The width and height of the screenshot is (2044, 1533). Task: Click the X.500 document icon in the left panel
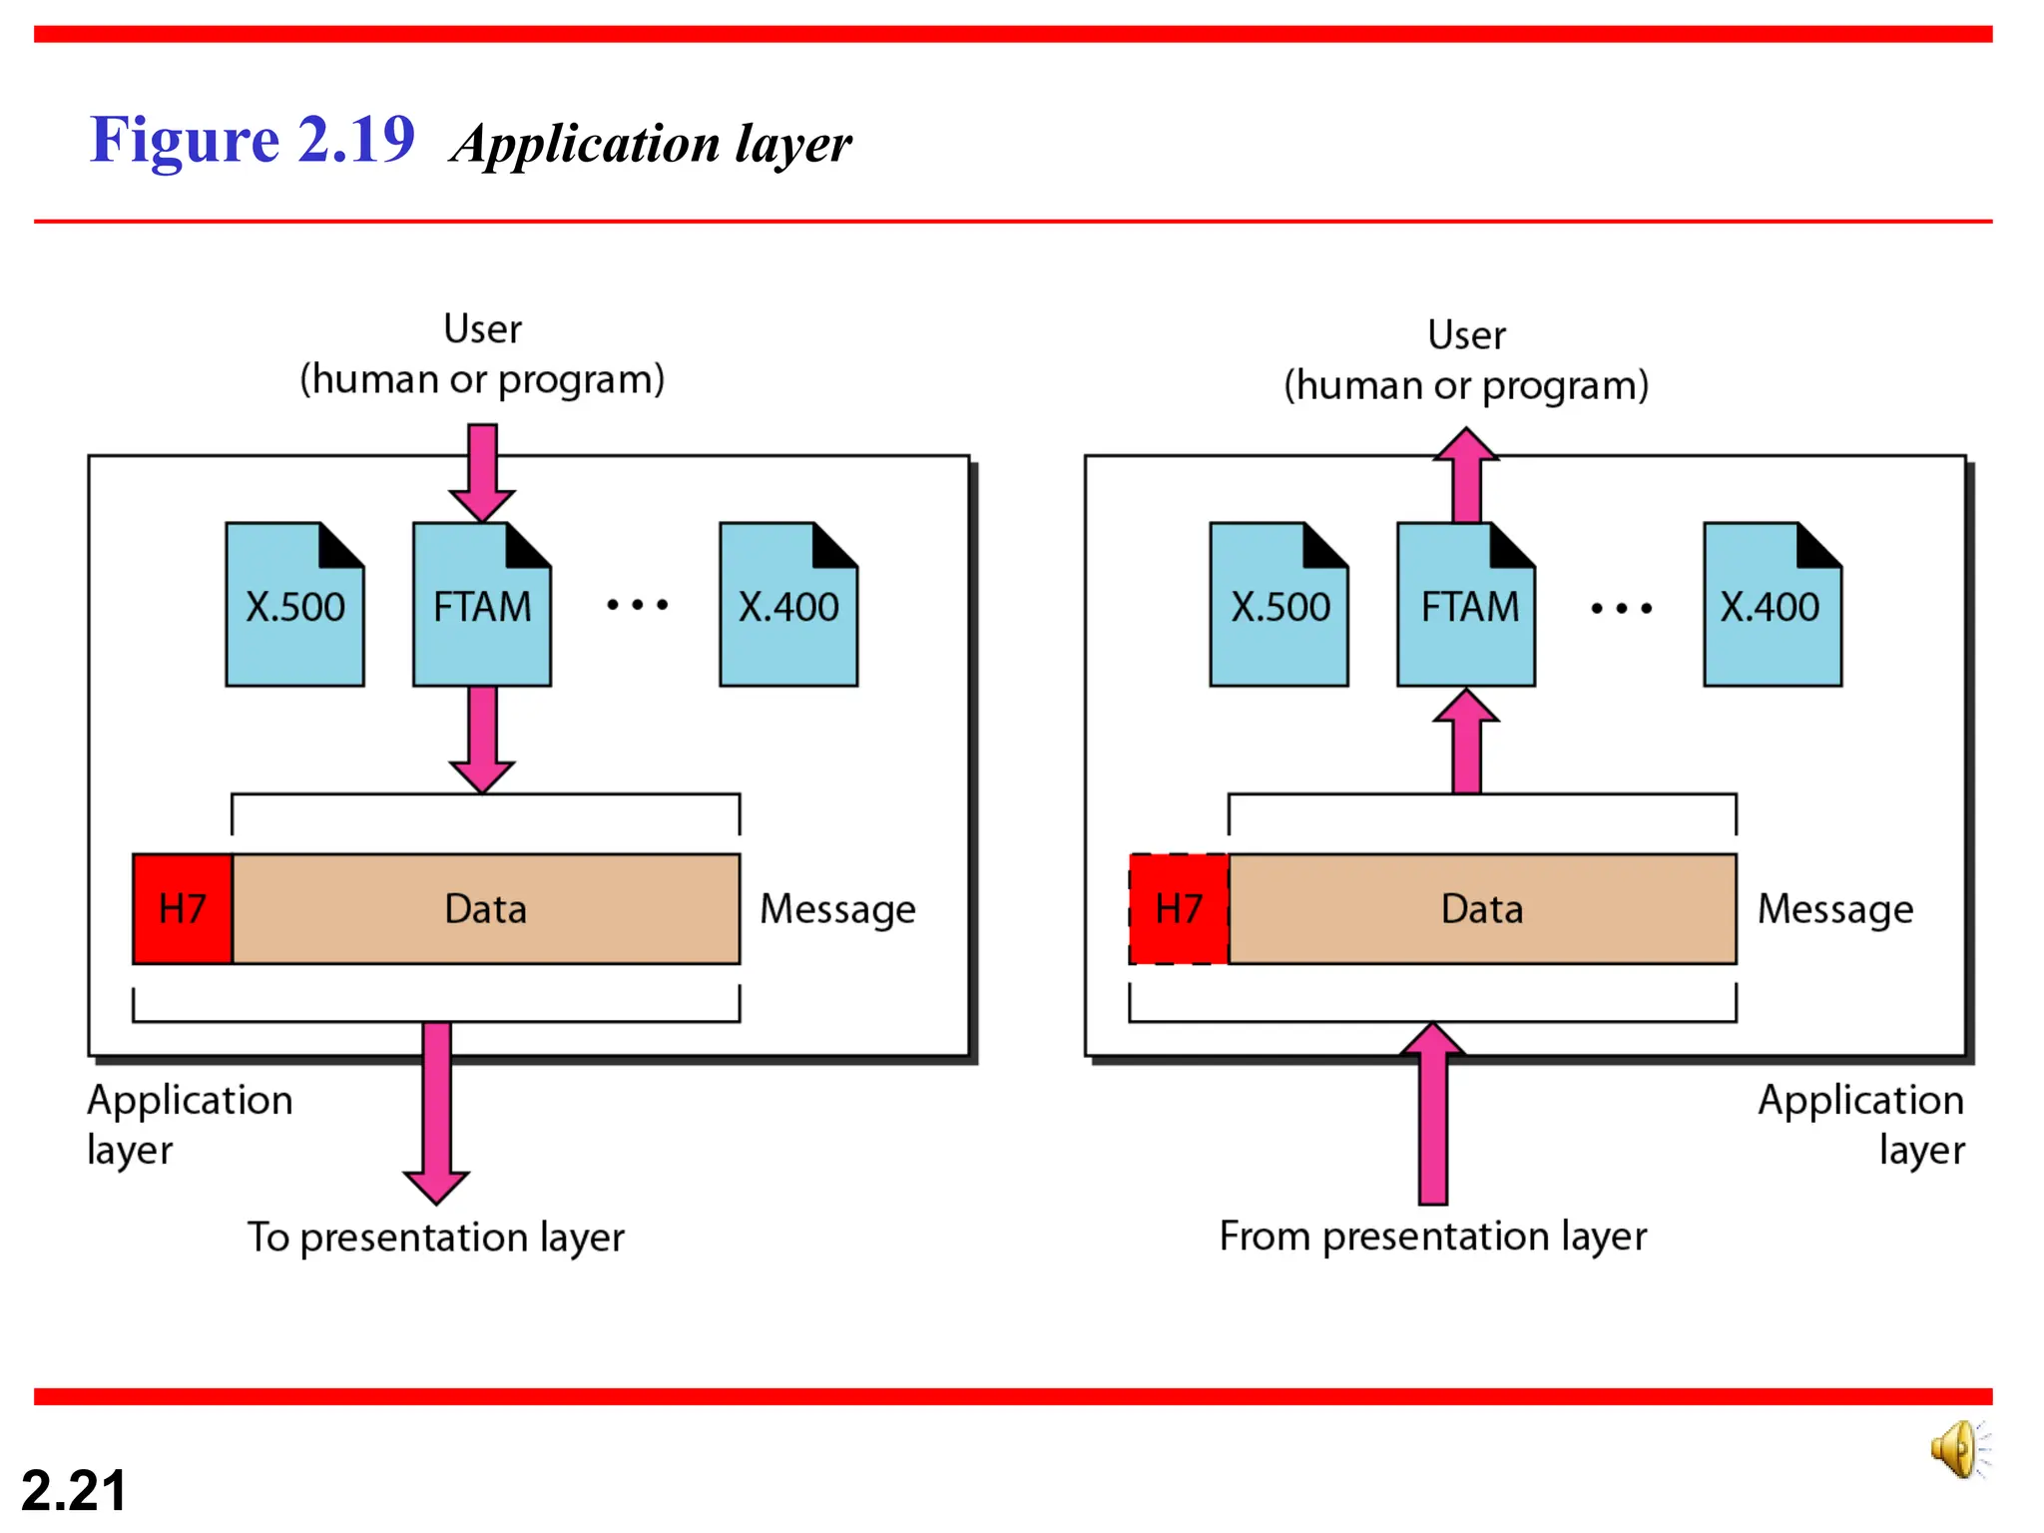(294, 605)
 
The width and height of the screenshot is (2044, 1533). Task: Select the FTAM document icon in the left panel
(482, 605)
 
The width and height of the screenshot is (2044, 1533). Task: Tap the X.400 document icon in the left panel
(788, 605)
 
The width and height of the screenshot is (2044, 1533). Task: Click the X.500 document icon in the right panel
(1278, 605)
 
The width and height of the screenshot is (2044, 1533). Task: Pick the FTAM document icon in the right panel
(1466, 605)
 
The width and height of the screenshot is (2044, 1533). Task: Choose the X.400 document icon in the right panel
(1773, 605)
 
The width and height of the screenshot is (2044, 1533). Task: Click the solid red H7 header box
(183, 908)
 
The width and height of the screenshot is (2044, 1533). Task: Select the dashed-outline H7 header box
(1179, 908)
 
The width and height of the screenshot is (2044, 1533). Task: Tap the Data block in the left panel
(486, 908)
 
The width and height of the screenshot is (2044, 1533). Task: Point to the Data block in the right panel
(1482, 908)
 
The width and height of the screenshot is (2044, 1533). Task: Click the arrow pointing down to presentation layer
(436, 1113)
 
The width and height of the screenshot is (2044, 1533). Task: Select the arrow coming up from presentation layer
(1432, 1113)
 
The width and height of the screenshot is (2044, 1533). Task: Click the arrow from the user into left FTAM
(482, 471)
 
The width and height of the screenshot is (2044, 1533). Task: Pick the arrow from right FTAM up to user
(1466, 474)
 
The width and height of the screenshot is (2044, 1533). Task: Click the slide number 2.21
(74, 1490)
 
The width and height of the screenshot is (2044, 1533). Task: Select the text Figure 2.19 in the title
(252, 139)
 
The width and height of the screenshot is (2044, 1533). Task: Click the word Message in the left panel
(837, 909)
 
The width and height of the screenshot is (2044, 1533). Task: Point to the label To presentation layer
(436, 1237)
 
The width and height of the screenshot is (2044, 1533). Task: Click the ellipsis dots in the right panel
(1621, 607)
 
